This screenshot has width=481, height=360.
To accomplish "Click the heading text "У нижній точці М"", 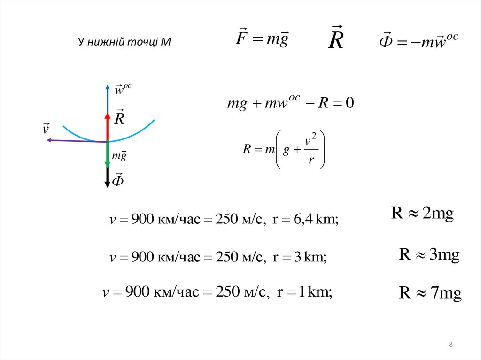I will tap(124, 42).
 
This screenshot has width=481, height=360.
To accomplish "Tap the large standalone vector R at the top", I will tap(336, 39).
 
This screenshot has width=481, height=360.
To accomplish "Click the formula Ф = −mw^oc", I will tap(418, 42).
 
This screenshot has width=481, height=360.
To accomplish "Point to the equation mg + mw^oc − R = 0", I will tap(290, 103).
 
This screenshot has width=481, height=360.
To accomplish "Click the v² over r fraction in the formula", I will tap(309, 150).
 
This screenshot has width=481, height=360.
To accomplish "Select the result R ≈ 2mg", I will tap(422, 214).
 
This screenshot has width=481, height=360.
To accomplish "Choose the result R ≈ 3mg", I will tap(429, 254).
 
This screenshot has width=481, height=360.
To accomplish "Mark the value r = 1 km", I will tap(305, 293).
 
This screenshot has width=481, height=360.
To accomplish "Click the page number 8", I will tap(451, 345).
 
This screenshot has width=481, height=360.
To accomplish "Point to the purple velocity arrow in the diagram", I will tap(75, 140).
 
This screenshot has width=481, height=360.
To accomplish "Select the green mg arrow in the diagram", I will tap(107, 154).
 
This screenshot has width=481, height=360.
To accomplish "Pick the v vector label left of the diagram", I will tap(46, 128).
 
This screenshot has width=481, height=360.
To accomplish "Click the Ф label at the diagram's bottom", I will tap(119, 180).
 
